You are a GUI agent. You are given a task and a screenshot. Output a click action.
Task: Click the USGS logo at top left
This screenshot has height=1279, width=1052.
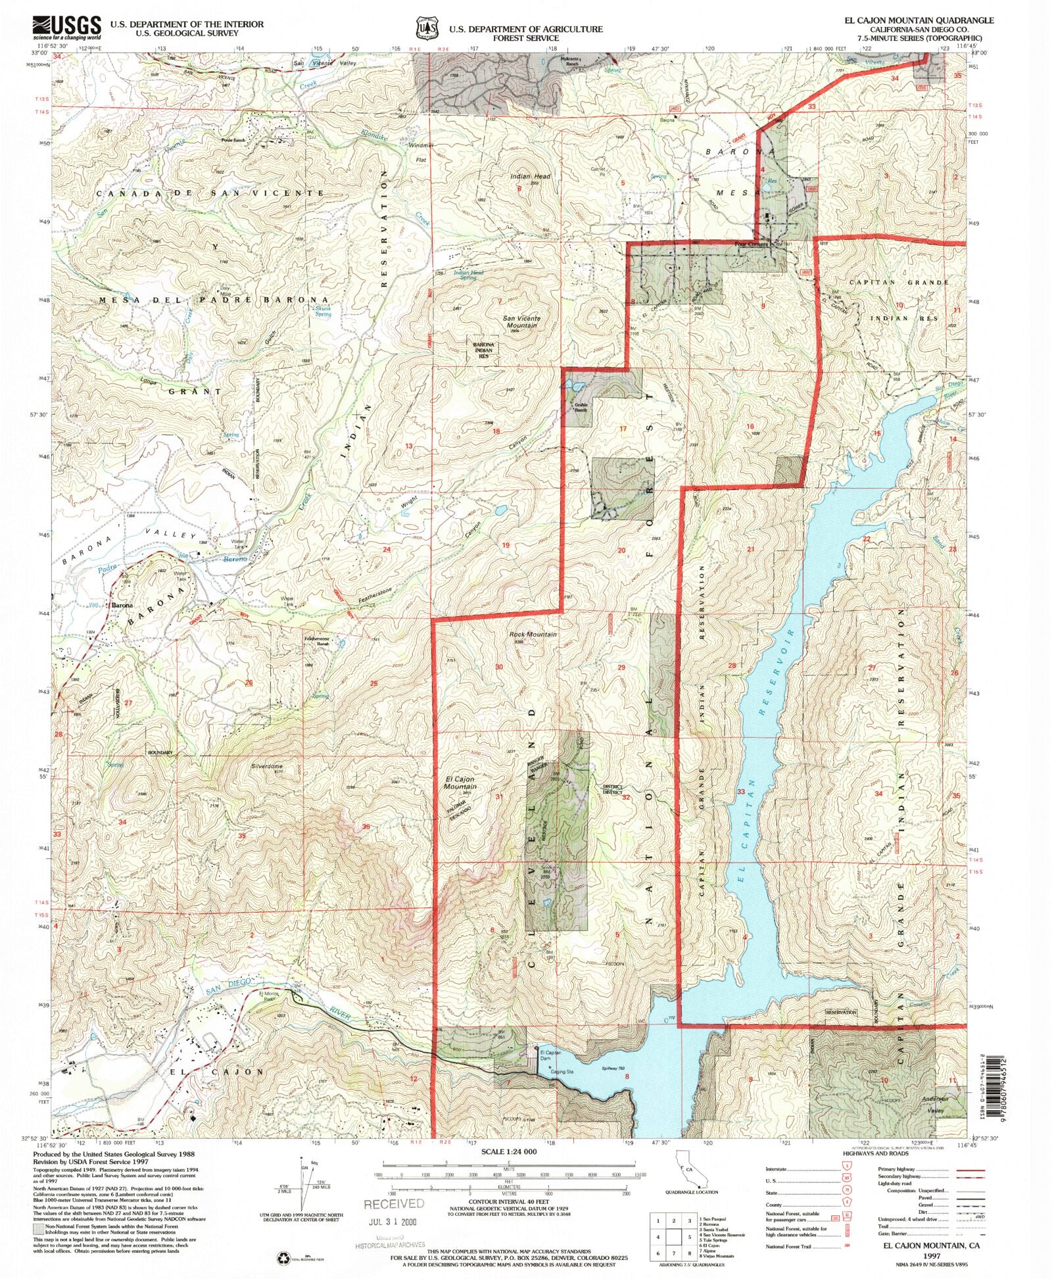[x=66, y=28]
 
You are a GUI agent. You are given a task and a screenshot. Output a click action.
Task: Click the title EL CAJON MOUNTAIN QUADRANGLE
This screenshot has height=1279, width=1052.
[x=919, y=20]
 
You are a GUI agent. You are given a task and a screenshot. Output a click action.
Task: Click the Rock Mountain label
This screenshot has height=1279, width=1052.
[x=533, y=634]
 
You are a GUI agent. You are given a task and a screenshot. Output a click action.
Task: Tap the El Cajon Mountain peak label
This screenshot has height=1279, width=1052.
[x=460, y=783]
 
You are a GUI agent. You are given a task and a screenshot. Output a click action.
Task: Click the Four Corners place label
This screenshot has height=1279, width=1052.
[x=751, y=244]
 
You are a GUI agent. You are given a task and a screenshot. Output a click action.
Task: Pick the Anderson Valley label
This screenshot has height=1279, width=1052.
[x=935, y=1105]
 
